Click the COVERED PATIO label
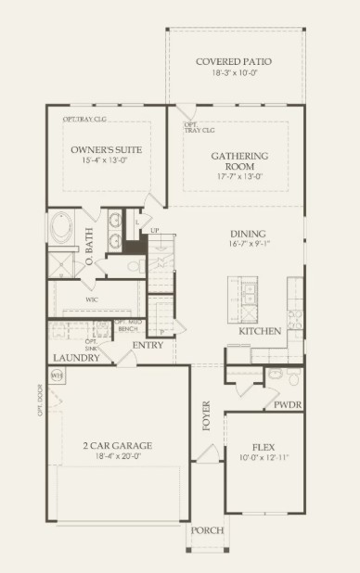pos(235,62)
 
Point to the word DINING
pos(249,234)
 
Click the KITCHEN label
pos(260,331)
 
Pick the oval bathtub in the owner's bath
pos(62,227)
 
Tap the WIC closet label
pos(92,300)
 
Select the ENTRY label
pos(148,346)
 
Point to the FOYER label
pos(207,416)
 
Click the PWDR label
pos(288,405)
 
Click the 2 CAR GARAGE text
pos(117,445)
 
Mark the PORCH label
pos(207,530)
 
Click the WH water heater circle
pos(57,376)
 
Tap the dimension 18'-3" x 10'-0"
pos(235,73)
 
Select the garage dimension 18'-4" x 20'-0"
pos(117,456)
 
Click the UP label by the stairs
pos(155,229)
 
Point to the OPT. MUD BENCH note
pos(127,325)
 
